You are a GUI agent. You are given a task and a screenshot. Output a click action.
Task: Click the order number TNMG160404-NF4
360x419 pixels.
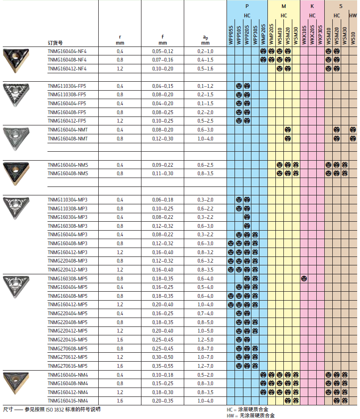[x=67, y=51]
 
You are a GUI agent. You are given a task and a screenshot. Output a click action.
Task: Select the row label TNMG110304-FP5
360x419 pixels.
[x=67, y=86]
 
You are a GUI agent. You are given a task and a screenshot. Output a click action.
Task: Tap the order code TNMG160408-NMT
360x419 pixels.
[x=68, y=139]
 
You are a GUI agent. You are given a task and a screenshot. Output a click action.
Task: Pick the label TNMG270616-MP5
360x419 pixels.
[x=68, y=365]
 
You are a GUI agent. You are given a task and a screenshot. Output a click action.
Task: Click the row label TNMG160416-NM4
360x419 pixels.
[x=68, y=400]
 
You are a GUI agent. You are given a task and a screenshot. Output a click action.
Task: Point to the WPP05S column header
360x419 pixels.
[x=231, y=35]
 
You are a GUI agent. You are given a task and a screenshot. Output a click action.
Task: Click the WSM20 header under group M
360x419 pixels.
[x=288, y=37]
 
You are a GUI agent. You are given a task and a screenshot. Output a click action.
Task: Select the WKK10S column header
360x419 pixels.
[x=304, y=35]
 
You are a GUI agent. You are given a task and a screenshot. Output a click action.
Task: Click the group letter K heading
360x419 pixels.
[x=312, y=6]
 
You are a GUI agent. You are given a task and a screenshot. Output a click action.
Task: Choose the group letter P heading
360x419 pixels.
[x=247, y=6]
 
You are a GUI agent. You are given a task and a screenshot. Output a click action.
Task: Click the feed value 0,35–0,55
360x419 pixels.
[x=163, y=365]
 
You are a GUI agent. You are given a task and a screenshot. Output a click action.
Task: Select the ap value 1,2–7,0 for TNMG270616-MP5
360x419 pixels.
[x=205, y=365]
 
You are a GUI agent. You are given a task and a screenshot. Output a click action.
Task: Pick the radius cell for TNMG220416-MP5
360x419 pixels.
[x=120, y=339]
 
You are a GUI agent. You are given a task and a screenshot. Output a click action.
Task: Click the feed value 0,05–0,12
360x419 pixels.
[x=163, y=51]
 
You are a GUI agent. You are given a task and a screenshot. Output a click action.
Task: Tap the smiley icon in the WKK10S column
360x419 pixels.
[x=304, y=278]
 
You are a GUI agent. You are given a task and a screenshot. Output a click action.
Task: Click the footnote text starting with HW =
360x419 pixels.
[x=250, y=415]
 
